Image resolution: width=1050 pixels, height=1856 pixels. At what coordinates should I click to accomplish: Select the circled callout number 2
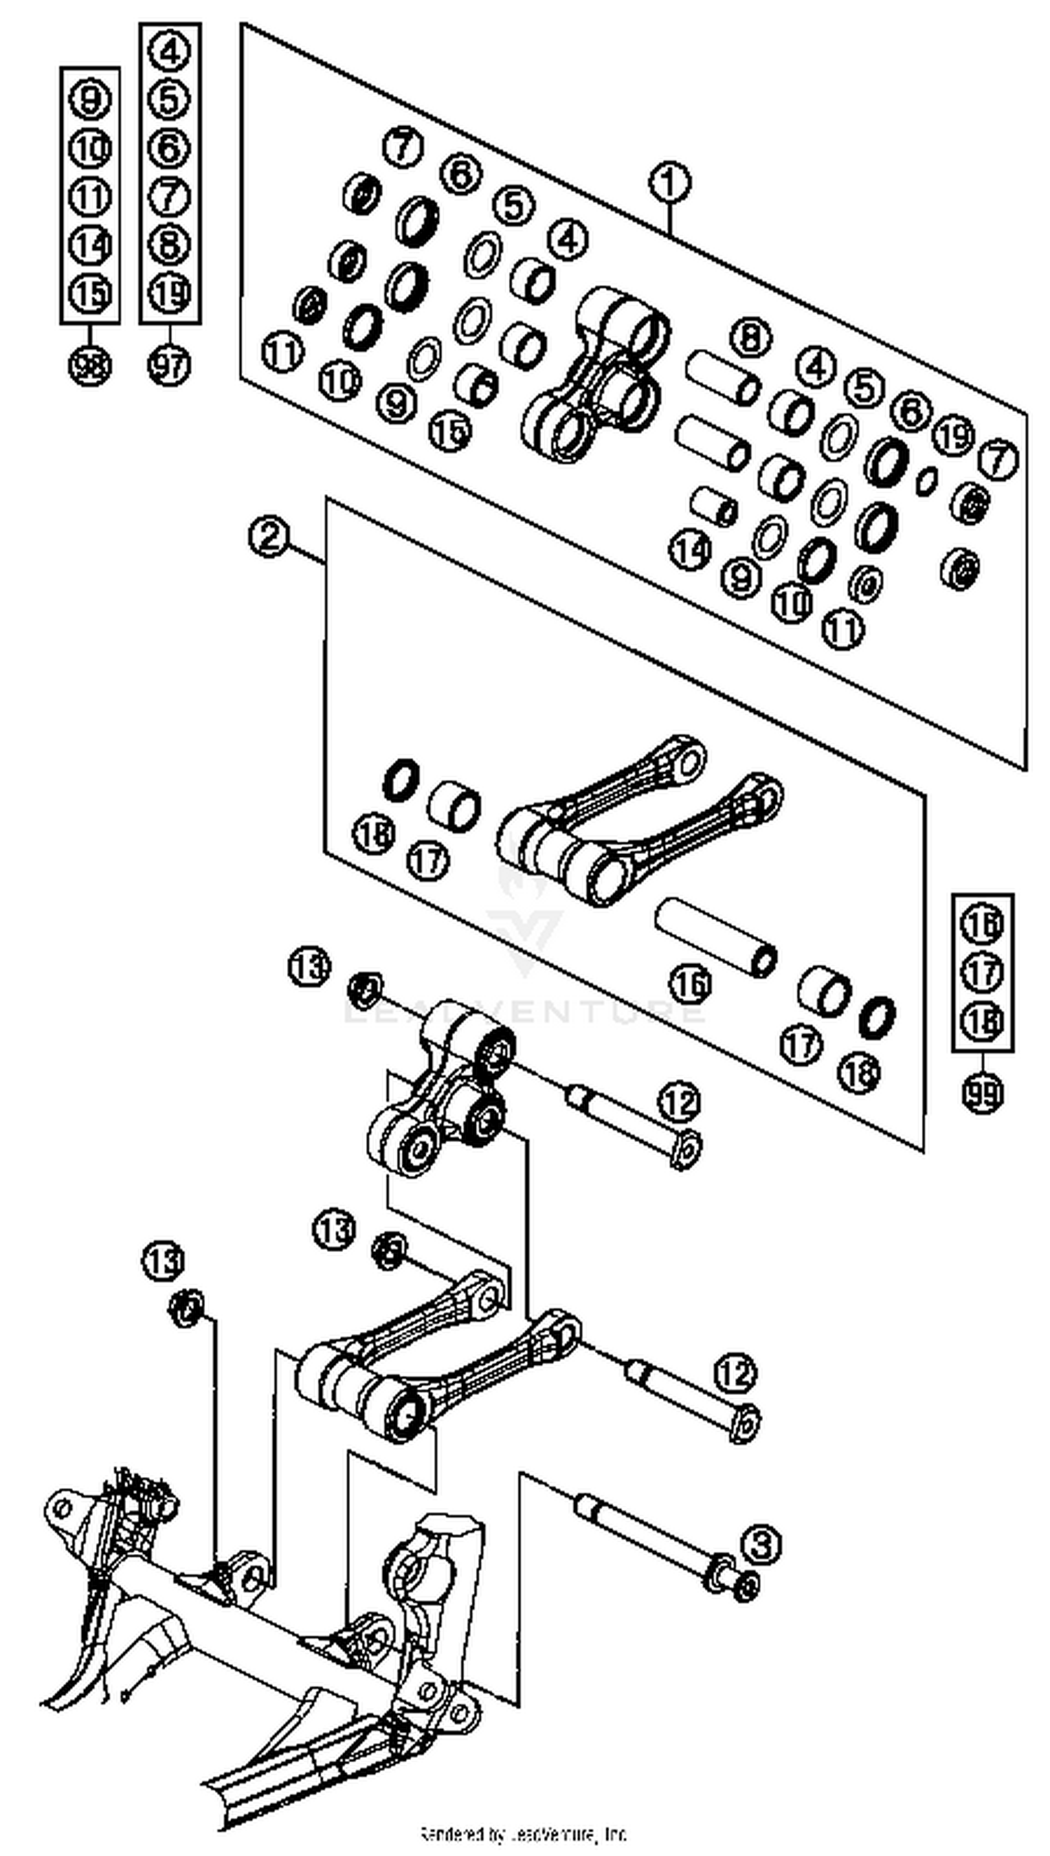point(269,537)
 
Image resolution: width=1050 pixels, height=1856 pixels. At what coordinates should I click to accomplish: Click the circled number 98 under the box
point(90,365)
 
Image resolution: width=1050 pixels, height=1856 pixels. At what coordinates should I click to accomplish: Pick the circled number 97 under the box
point(169,365)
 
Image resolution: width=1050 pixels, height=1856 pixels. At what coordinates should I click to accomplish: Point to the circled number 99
point(982,1093)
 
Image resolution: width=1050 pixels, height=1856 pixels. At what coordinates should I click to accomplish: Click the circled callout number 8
point(750,338)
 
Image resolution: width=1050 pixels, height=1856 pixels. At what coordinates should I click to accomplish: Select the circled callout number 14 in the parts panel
point(690,550)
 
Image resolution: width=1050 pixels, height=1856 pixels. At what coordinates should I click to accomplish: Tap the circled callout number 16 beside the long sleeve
point(690,984)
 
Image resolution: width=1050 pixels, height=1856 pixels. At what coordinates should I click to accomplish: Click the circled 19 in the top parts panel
point(953,435)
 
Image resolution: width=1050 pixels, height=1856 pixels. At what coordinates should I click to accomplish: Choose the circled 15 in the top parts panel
point(450,431)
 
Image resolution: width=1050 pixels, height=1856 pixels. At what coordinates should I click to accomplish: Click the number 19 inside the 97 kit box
point(169,292)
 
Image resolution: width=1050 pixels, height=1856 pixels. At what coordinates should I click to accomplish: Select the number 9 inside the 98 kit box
point(90,99)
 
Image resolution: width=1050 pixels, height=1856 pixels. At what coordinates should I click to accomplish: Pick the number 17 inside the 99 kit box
point(982,972)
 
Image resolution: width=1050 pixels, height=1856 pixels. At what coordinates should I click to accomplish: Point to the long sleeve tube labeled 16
point(715,937)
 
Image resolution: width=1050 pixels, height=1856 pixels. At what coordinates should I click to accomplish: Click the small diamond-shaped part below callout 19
point(927,481)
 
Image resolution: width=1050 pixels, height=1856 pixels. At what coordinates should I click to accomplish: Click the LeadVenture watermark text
point(524,1010)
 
